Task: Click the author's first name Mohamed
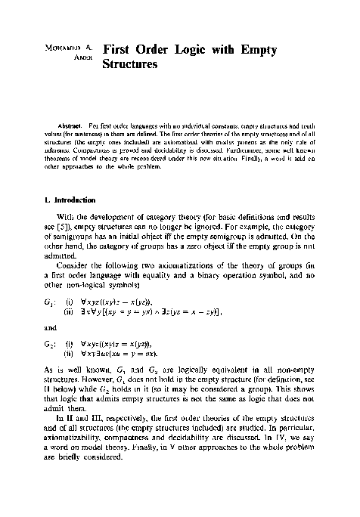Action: tap(57, 51)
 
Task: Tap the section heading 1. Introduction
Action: tap(70, 200)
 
